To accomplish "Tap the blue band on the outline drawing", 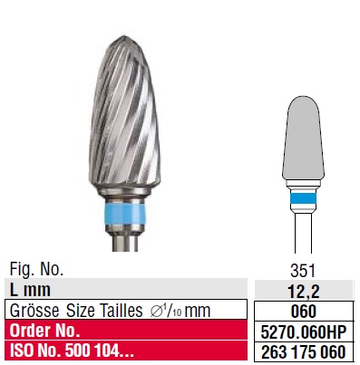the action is pyautogui.click(x=303, y=199).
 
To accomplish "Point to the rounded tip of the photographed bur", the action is pyautogui.click(x=123, y=39).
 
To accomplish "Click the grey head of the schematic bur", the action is pyautogui.click(x=303, y=139).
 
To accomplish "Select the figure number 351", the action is pyautogui.click(x=303, y=271).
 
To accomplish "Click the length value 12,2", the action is pyautogui.click(x=304, y=291).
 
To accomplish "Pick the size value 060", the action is pyautogui.click(x=304, y=312).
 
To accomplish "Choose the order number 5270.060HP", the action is pyautogui.click(x=303, y=331).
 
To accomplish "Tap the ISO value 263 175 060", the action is pyautogui.click(x=303, y=352).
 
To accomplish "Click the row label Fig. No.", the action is pyautogui.click(x=36, y=269).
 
